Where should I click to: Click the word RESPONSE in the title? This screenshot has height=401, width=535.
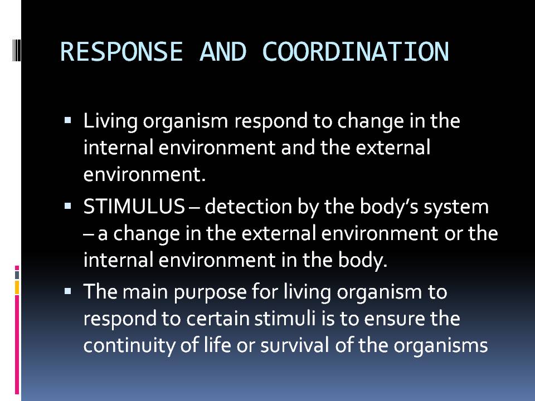tap(121, 52)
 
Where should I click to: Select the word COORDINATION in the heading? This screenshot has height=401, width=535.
tap(355, 52)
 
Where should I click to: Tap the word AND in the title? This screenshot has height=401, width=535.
tap(222, 52)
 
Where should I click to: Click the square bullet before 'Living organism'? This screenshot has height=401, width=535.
tap(68, 120)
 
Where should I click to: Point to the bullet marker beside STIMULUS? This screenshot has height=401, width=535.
tap(68, 206)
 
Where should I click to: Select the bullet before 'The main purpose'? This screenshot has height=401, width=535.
tap(68, 290)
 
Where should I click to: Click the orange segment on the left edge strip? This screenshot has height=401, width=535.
tap(17, 287)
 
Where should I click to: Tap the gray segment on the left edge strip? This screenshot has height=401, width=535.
tap(17, 275)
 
